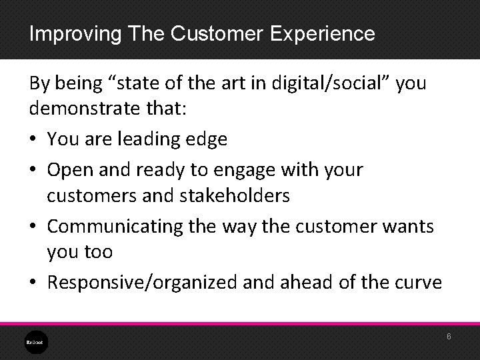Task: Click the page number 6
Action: [449, 337]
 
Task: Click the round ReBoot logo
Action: [33, 341]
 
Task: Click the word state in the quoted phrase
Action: [139, 83]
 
